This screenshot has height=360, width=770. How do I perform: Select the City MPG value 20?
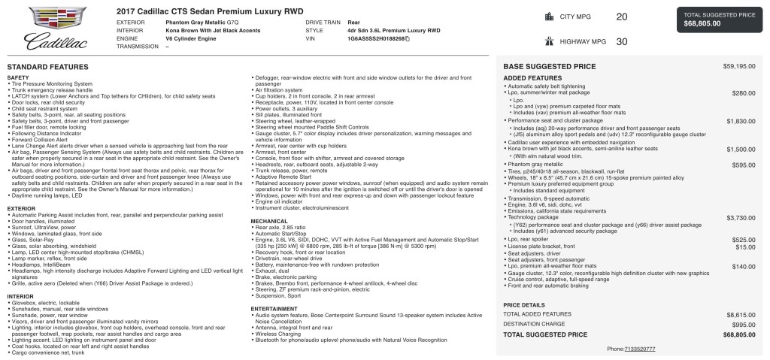click(x=621, y=17)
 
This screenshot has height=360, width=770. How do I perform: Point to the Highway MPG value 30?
click(x=621, y=42)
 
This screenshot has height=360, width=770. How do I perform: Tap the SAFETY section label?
click(x=18, y=77)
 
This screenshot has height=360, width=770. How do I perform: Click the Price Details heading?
click(x=523, y=304)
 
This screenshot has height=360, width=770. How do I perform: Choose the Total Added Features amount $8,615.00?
click(x=740, y=313)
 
